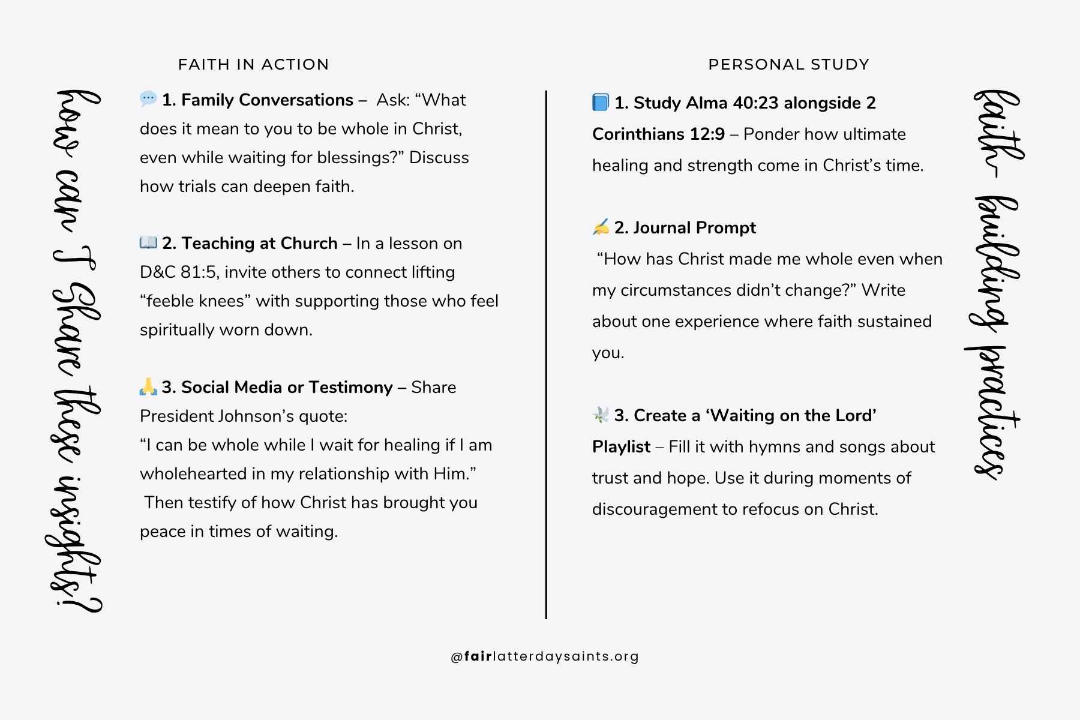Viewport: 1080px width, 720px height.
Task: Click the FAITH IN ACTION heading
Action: [x=253, y=64]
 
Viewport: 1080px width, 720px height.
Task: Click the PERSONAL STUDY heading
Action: [x=788, y=64]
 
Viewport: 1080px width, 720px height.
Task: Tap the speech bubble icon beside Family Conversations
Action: [x=148, y=99]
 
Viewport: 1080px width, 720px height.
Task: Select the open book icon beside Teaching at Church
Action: [x=148, y=242]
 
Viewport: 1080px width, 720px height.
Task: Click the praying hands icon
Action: [x=148, y=386]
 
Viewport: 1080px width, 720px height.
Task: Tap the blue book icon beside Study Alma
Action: [x=601, y=102]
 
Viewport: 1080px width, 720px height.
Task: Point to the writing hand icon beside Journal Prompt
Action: [x=601, y=227]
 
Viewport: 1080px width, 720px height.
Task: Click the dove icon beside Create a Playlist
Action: [x=601, y=415]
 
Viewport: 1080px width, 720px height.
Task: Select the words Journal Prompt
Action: [x=694, y=227]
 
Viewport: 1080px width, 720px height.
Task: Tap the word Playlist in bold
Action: [x=621, y=446]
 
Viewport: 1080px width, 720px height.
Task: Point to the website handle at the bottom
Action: [x=545, y=656]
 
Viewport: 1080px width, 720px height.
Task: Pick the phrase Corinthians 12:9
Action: [x=658, y=134]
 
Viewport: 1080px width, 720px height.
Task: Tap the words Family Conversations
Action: [x=267, y=100]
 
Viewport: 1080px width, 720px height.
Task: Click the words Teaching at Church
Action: [x=259, y=243]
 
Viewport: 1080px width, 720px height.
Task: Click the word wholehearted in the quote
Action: [x=193, y=473]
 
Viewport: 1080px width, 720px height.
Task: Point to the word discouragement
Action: [x=655, y=509]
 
